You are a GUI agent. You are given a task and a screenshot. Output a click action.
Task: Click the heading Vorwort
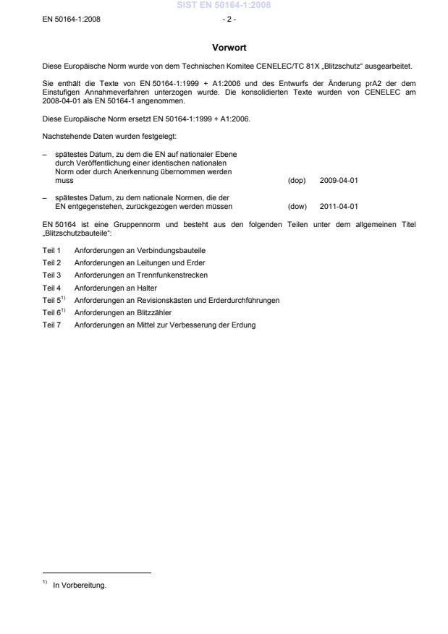click(x=229, y=48)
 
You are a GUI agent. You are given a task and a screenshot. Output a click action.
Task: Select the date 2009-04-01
click(x=339, y=180)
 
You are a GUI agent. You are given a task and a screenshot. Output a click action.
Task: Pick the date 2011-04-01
click(x=339, y=205)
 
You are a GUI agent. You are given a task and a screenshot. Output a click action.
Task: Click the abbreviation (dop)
click(x=296, y=180)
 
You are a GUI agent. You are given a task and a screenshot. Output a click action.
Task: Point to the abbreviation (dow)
click(x=297, y=205)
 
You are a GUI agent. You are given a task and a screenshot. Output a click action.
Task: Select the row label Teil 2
click(x=51, y=262)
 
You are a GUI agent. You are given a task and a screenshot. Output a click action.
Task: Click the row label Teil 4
click(x=51, y=287)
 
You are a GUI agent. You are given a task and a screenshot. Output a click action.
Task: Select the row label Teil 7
click(x=51, y=325)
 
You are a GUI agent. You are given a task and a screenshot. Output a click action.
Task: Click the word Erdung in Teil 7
click(x=245, y=325)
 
